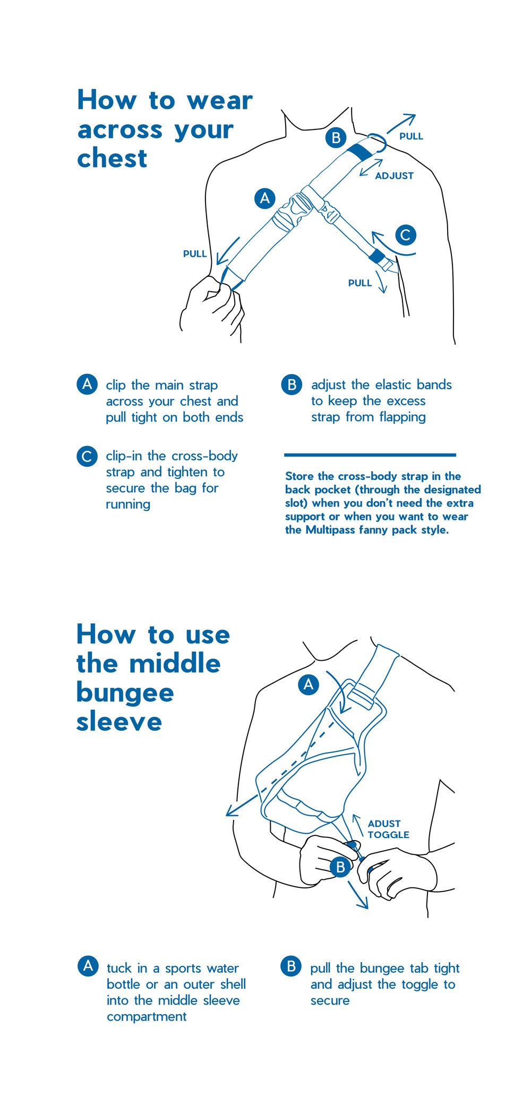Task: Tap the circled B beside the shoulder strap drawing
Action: pyautogui.click(x=336, y=138)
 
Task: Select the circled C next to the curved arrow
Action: pyautogui.click(x=406, y=234)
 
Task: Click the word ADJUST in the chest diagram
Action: pyautogui.click(x=394, y=176)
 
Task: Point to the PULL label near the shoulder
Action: pyautogui.click(x=412, y=136)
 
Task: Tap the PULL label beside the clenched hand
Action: pyautogui.click(x=195, y=254)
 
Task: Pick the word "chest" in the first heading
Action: pyautogui.click(x=112, y=159)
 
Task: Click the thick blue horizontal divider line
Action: pyautogui.click(x=370, y=455)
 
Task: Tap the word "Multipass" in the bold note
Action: pyautogui.click(x=331, y=530)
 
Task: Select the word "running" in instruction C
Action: pyautogui.click(x=128, y=504)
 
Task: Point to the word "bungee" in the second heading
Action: pyautogui.click(x=125, y=693)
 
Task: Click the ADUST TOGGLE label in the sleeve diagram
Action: pyautogui.click(x=388, y=829)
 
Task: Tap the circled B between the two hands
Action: pyautogui.click(x=340, y=867)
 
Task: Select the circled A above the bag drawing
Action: pyautogui.click(x=309, y=684)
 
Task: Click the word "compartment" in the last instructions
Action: pyautogui.click(x=147, y=1017)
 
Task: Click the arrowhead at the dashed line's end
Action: pyautogui.click(x=232, y=811)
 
